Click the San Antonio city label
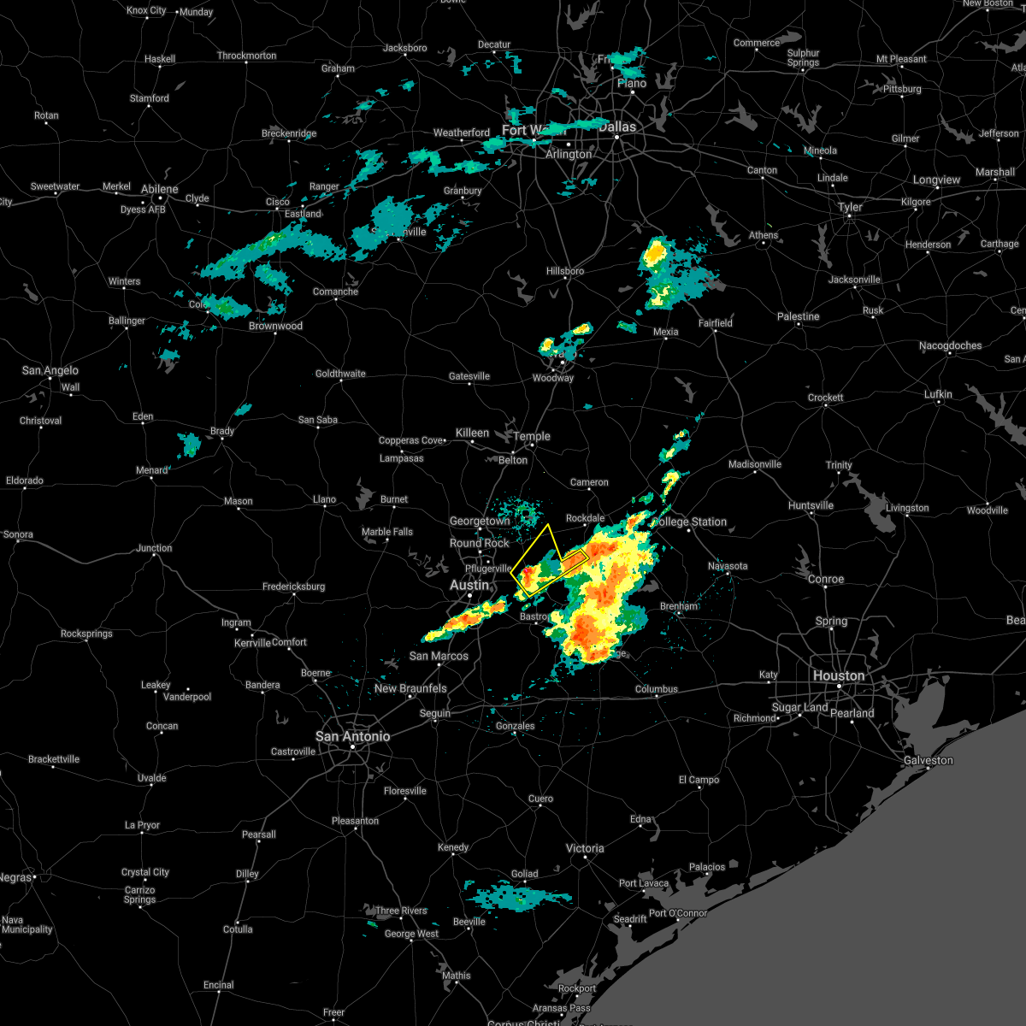pos(352,736)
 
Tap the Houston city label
pos(839,675)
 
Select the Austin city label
pos(469,585)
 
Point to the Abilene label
pos(160,189)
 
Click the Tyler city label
pos(850,207)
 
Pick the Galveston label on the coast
pos(928,760)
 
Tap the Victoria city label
pos(585,848)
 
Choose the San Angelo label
pos(50,370)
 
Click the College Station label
pos(689,522)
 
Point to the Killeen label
pos(472,433)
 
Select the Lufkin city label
pos(938,394)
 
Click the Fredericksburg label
pos(293,587)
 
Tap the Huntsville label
pos(811,505)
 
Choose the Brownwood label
pos(275,326)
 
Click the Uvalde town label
pos(152,778)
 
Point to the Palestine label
pos(798,316)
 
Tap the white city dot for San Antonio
pos(352,748)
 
